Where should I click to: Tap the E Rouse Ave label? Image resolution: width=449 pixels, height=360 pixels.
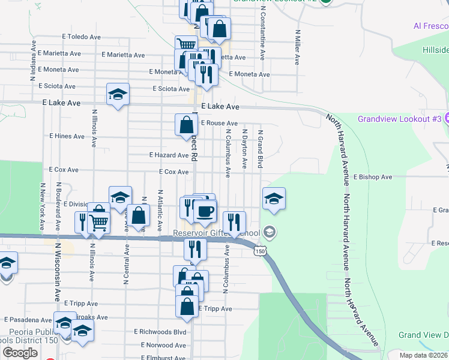point(219,123)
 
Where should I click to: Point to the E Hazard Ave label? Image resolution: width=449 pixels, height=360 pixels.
point(169,155)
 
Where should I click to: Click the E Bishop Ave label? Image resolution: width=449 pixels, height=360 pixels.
point(372,177)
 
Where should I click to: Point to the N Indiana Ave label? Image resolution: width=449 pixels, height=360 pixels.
point(33,56)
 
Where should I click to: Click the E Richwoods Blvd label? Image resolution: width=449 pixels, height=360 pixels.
point(160,331)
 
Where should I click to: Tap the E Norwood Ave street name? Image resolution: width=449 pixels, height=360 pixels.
point(164,345)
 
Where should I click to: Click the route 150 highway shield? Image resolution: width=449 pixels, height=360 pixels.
point(259,251)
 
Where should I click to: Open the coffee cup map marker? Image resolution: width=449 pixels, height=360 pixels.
point(205,211)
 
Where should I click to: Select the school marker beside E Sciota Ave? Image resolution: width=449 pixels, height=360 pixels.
point(118,94)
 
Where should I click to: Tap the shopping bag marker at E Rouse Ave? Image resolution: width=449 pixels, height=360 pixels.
point(187,125)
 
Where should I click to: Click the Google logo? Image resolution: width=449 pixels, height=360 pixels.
point(20,352)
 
